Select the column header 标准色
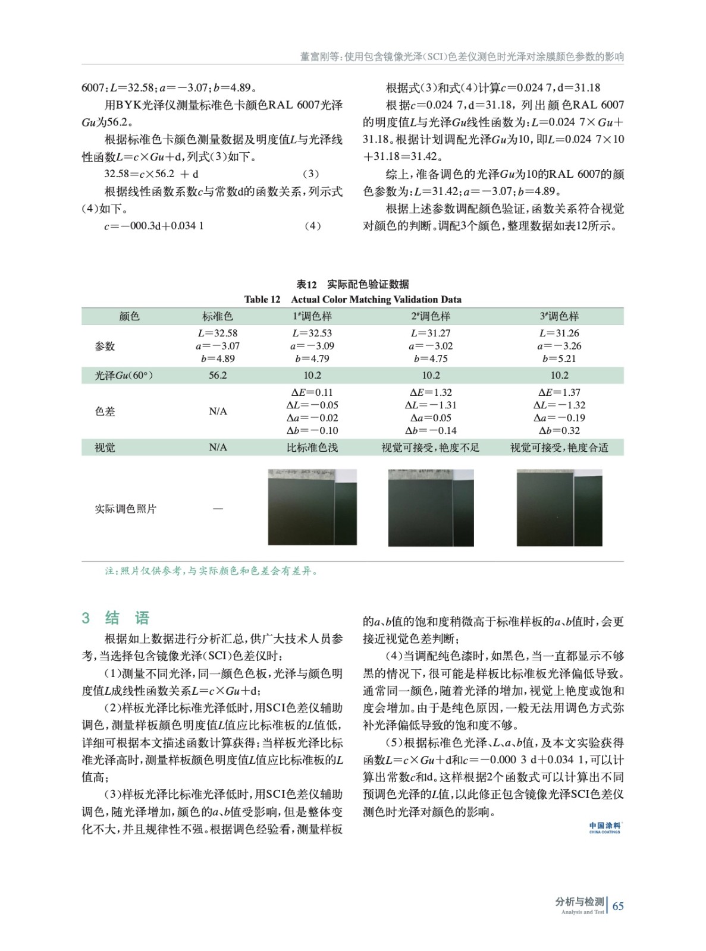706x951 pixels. point(218,316)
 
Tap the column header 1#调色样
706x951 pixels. point(312,316)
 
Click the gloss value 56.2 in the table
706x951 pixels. point(218,375)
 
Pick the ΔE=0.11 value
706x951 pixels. point(312,392)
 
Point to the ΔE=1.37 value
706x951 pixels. point(559,392)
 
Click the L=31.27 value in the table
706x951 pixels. point(431,333)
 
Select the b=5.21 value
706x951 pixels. point(559,358)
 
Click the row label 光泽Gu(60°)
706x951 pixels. point(124,375)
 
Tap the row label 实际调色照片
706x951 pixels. point(125,509)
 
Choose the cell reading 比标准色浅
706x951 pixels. point(312,448)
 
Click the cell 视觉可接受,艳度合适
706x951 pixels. point(559,448)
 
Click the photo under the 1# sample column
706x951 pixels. point(312,507)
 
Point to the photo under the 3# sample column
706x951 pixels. point(559,507)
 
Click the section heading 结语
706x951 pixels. point(127,618)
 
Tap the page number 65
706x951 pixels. point(618,906)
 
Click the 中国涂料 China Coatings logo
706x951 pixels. point(605,827)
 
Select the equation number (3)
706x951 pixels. point(310,174)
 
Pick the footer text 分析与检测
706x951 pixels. point(579,902)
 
